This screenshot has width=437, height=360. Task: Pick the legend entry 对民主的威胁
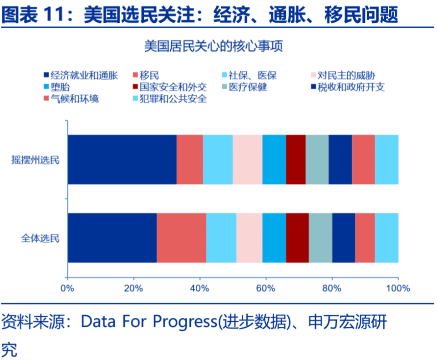(346, 76)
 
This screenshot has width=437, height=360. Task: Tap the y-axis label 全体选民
(40, 238)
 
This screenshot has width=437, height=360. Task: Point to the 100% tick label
(398, 288)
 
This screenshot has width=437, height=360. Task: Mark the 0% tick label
(67, 288)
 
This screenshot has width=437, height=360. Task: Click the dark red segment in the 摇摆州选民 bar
(295, 159)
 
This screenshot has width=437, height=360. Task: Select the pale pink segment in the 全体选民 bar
(249, 238)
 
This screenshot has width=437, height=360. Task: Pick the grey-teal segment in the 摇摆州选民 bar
(317, 159)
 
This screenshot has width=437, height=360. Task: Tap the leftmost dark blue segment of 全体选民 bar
(112, 238)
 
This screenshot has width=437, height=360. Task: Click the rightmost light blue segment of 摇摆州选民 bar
(386, 159)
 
